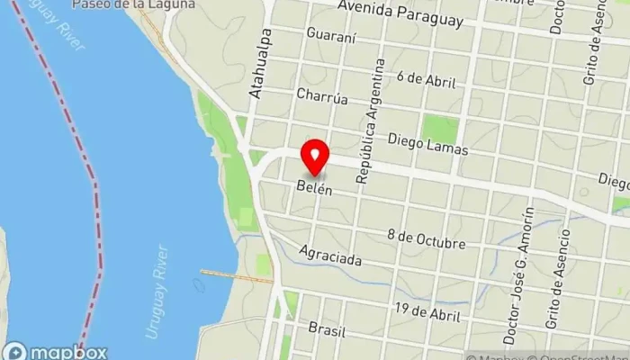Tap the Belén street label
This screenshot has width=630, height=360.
point(315,190)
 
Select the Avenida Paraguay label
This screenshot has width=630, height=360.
point(400,13)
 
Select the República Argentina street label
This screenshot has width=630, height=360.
point(371,121)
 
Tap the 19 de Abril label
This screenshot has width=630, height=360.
point(427,312)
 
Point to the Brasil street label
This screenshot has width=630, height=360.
point(326,328)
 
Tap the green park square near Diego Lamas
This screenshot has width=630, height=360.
point(440,129)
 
